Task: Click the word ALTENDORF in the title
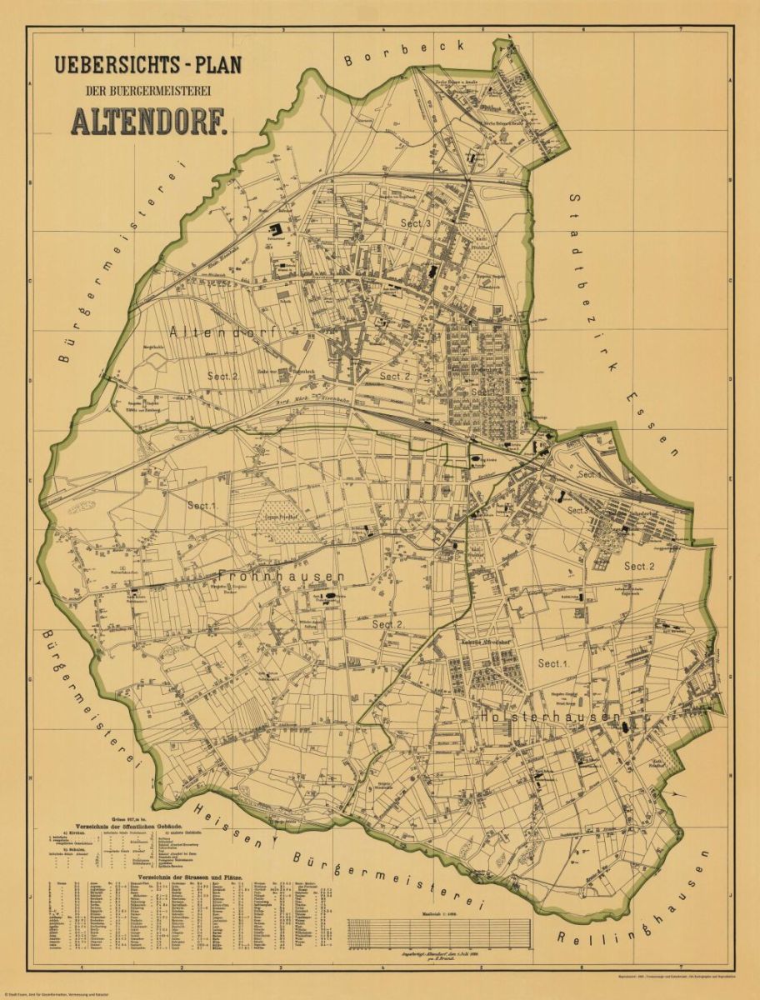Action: tap(149, 122)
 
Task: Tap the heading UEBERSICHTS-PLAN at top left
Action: tap(147, 65)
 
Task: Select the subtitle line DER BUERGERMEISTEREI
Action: tap(147, 90)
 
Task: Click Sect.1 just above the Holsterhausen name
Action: tap(552, 663)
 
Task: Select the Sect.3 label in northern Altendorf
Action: tap(415, 224)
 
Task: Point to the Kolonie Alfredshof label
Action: tap(486, 642)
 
